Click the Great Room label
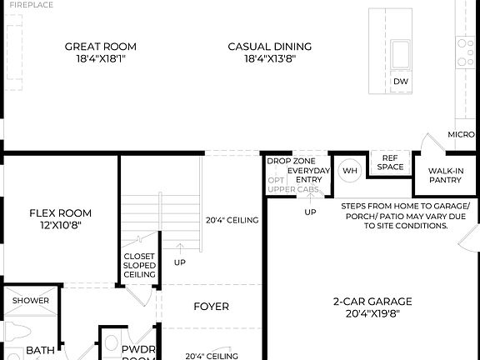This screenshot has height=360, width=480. (100, 47)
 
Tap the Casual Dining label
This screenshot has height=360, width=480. (270, 47)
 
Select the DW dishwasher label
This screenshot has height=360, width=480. (401, 82)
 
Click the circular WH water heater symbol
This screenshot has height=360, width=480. (349, 170)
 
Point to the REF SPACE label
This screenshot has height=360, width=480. (391, 162)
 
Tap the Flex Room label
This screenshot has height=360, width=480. (60, 212)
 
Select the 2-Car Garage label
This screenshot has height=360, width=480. (372, 302)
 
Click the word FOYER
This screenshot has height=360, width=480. (211, 307)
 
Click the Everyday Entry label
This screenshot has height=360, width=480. (309, 175)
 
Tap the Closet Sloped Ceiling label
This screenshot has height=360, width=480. (139, 265)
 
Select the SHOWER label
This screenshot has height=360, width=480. (30, 301)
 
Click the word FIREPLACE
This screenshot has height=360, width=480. (31, 5)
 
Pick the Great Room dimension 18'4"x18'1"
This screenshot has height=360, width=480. (100, 60)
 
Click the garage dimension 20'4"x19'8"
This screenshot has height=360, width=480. (372, 315)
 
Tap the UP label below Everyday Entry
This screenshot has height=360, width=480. (310, 212)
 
